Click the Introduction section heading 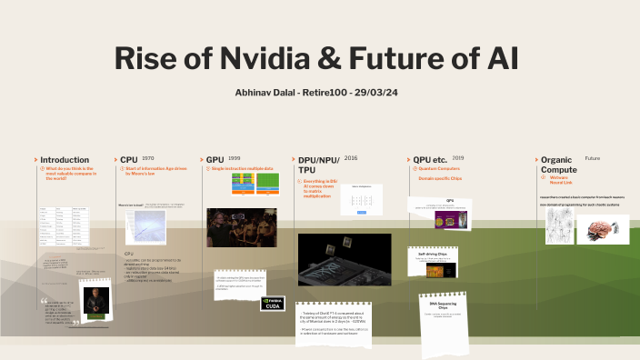coord(65,159)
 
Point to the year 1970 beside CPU coord(148,157)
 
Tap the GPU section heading coord(215,159)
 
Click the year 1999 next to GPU coord(234,157)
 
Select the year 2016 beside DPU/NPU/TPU coord(351,157)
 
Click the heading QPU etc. coord(431,159)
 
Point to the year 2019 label coord(457,157)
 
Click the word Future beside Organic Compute coord(592,158)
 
